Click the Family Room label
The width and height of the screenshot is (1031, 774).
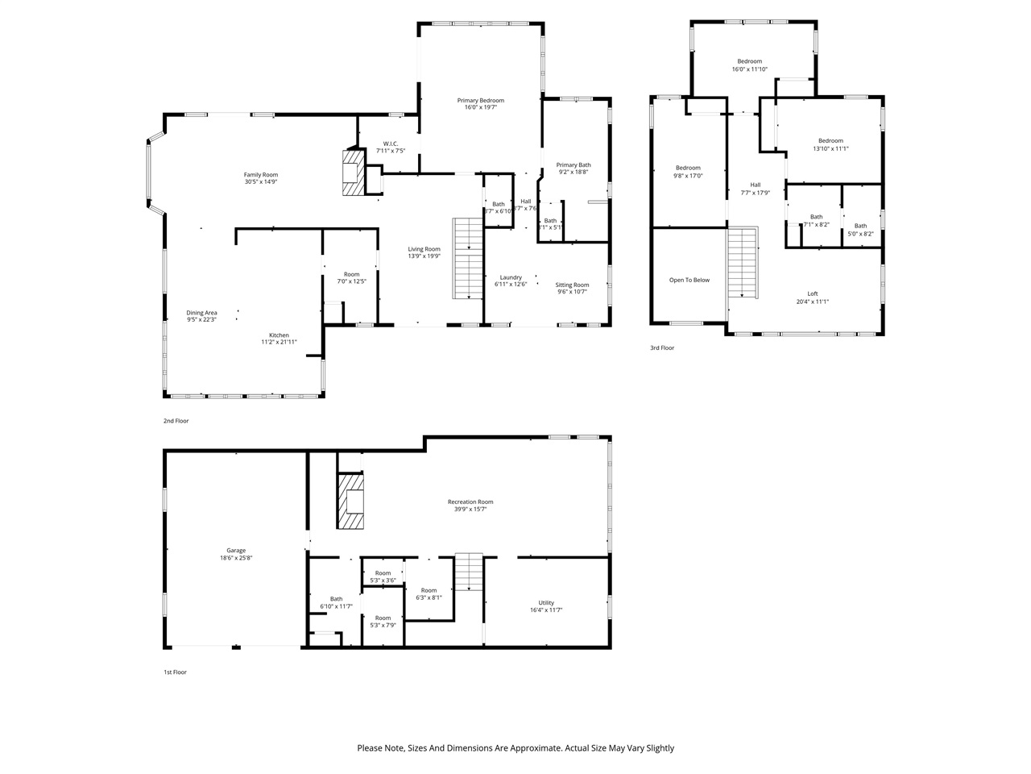[x=261, y=175]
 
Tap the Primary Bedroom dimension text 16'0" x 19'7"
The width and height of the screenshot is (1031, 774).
[x=481, y=107]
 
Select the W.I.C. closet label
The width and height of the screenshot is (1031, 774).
[x=391, y=144]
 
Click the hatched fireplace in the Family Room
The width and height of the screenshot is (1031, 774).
[x=352, y=173]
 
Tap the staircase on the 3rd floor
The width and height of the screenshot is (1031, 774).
[x=743, y=263]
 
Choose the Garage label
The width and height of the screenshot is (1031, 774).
[x=236, y=551]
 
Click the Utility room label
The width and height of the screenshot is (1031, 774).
[x=546, y=603]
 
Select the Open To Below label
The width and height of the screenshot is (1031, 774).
[x=689, y=281]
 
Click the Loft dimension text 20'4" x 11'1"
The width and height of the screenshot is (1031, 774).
[x=812, y=302]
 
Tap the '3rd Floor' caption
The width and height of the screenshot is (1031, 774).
[x=662, y=348]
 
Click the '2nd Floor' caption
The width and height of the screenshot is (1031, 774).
[x=176, y=421]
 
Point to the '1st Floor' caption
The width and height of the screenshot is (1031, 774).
[x=175, y=672]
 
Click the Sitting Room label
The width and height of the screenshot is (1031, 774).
[x=572, y=285]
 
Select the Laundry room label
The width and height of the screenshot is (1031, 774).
[x=511, y=277]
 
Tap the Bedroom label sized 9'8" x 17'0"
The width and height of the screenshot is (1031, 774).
[x=688, y=168]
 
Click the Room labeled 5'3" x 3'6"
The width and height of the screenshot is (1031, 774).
[x=383, y=573]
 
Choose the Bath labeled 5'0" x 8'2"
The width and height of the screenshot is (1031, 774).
[x=860, y=226]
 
